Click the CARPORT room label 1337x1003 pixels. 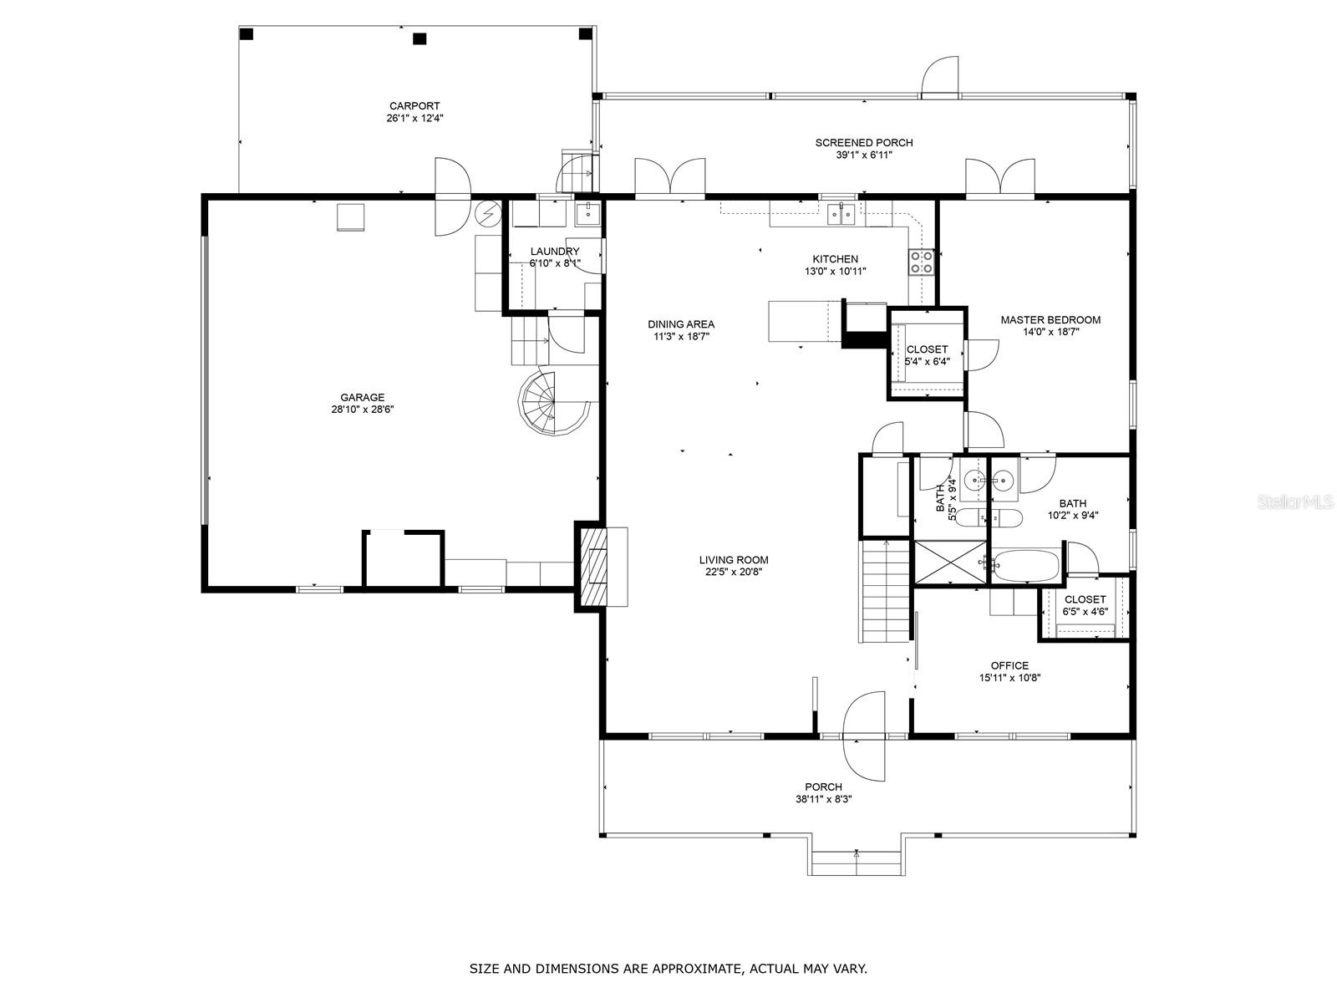pyautogui.click(x=414, y=106)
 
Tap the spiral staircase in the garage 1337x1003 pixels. pyautogui.click(x=550, y=404)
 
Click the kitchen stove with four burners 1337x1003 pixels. pyautogui.click(x=921, y=262)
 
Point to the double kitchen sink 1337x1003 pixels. pyautogui.click(x=841, y=215)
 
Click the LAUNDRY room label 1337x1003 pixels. pyautogui.click(x=554, y=252)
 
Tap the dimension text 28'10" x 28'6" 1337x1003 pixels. pyautogui.click(x=362, y=410)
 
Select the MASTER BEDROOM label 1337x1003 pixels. pyautogui.click(x=1050, y=320)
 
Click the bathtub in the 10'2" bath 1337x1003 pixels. pyautogui.click(x=1026, y=565)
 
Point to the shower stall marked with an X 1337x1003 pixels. pyautogui.click(x=950, y=561)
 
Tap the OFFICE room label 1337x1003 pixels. pyautogui.click(x=1009, y=666)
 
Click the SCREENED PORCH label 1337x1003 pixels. pyautogui.click(x=863, y=143)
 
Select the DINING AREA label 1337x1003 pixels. pyautogui.click(x=681, y=324)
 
